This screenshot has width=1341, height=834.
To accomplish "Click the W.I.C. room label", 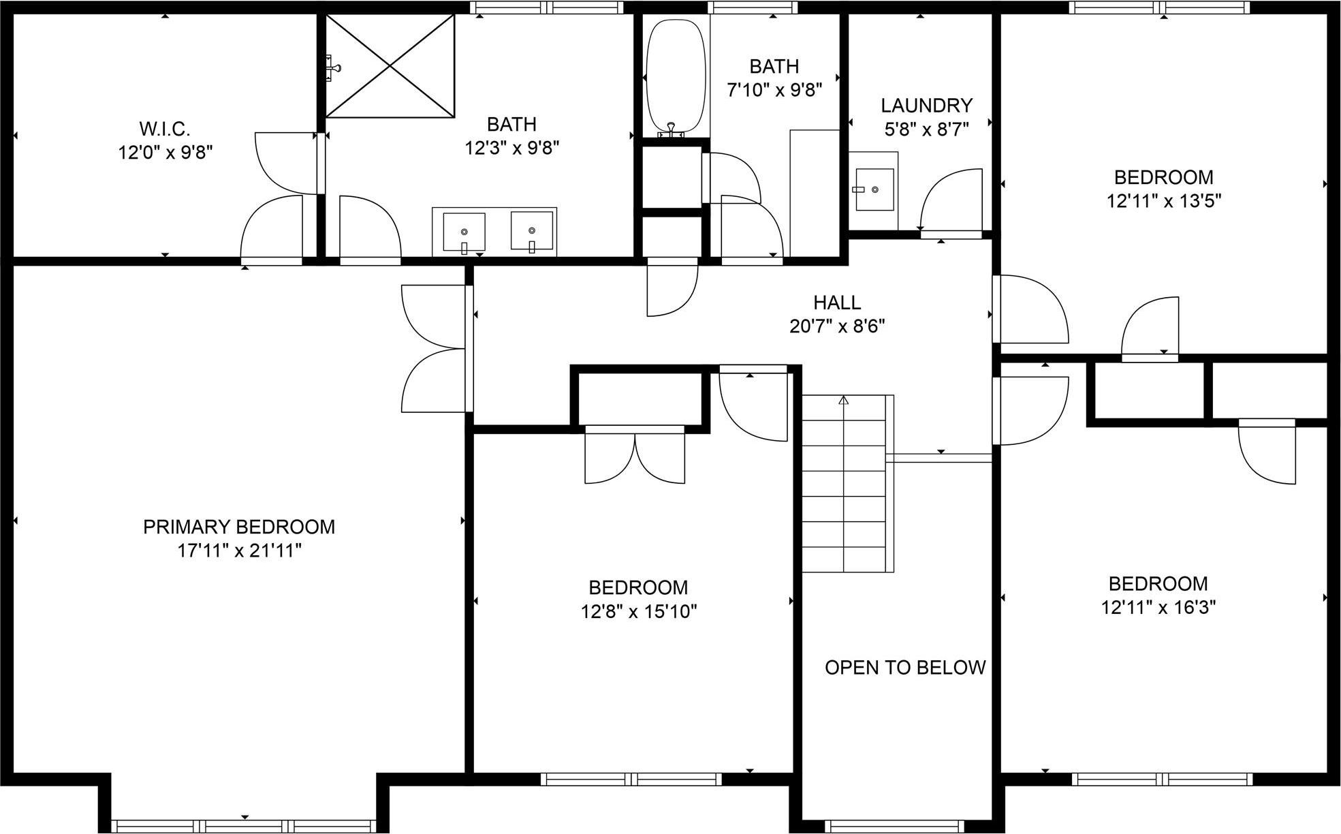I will click(165, 128).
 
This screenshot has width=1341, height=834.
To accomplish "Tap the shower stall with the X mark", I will click(390, 65).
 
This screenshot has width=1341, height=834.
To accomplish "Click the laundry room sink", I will click(874, 189).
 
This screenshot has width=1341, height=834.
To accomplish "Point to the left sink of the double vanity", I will click(464, 232).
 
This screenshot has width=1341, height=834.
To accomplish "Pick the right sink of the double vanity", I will click(532, 232).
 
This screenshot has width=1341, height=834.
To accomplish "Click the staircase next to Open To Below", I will click(845, 484).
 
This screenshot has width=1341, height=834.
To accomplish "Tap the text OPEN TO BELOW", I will click(905, 668).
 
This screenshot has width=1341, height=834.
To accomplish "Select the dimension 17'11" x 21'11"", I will click(239, 551).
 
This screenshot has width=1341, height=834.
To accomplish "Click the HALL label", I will click(837, 303).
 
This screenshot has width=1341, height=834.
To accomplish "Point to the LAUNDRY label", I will click(926, 106).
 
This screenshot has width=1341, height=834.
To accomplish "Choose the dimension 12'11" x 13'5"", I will click(1163, 201).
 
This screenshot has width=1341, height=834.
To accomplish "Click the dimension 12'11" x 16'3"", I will click(1158, 607).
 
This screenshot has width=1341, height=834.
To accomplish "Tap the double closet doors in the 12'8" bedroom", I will click(635, 457).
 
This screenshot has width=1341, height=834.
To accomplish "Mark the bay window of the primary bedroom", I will click(244, 825).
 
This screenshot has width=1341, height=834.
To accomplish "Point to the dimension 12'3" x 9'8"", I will click(511, 148).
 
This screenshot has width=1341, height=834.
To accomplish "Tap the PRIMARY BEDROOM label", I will click(239, 527).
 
